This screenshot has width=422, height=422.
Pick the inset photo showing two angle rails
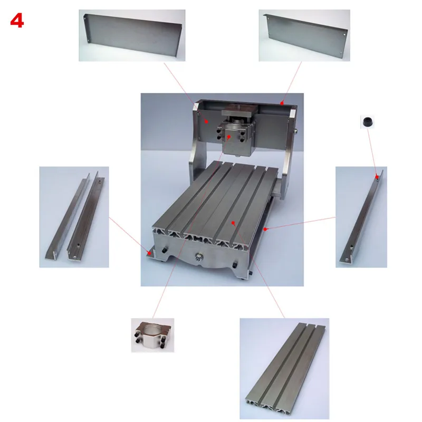(x=74, y=217)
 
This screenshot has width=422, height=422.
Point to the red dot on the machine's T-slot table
(x=232, y=224)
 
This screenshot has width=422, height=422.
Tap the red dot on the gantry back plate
(x=207, y=121)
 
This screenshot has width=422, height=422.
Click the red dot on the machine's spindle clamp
(x=228, y=136)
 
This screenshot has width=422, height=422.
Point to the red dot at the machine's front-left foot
(x=150, y=254)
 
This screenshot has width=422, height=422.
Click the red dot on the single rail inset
(x=376, y=176)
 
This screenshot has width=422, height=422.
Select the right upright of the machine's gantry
(x=287, y=142)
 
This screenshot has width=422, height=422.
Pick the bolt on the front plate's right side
(x=235, y=263)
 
